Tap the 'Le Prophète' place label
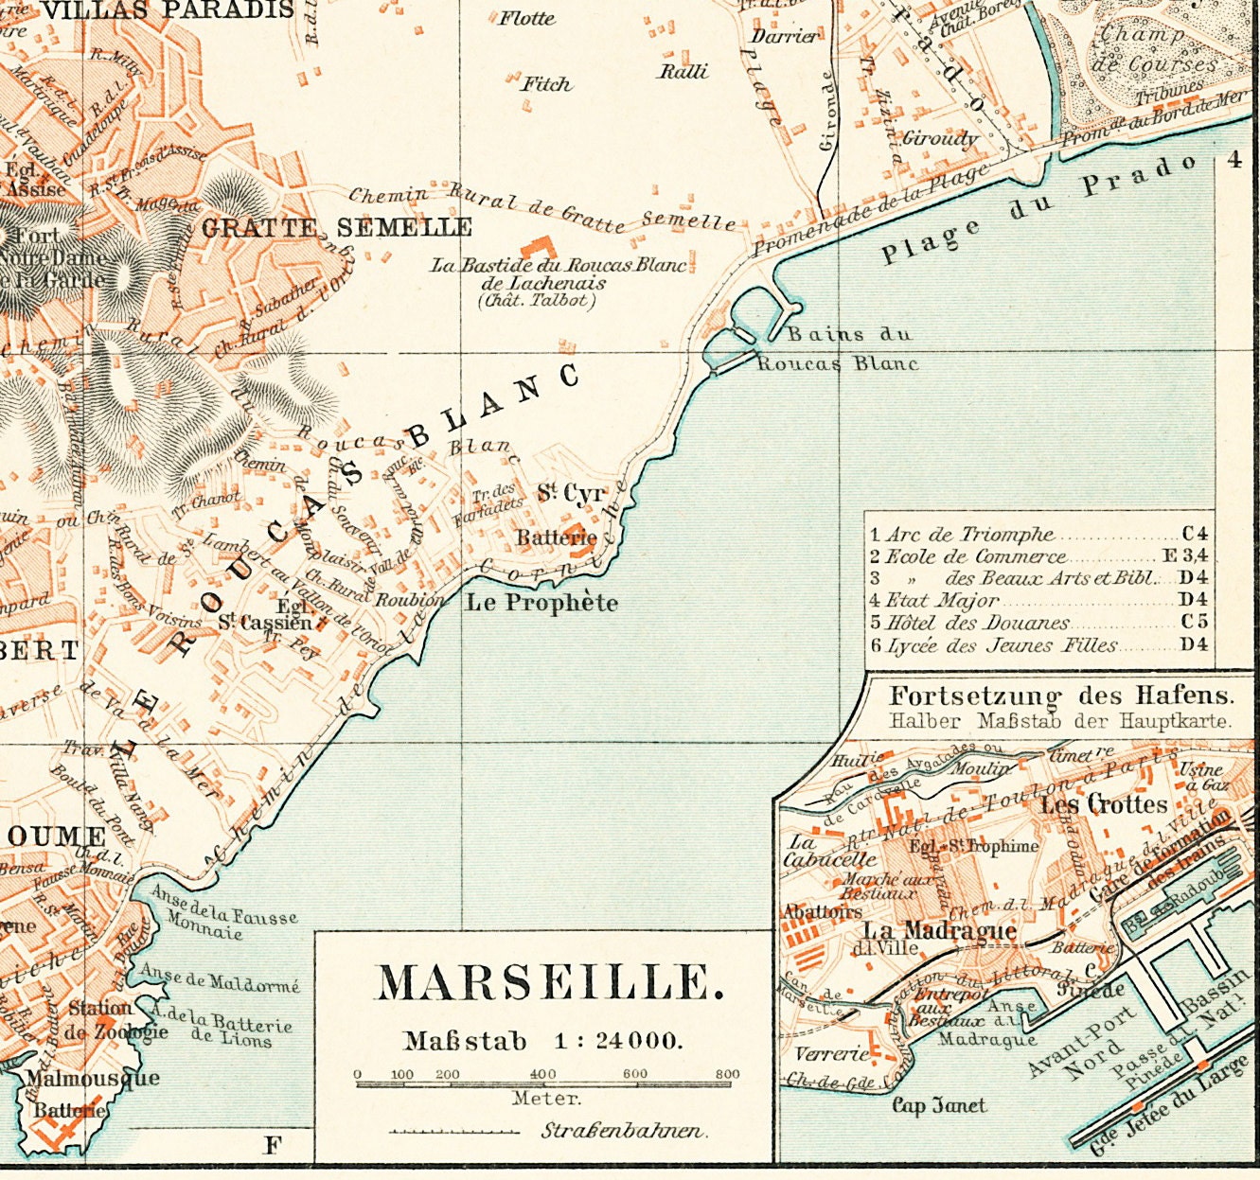click(541, 603)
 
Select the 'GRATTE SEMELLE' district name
click(337, 227)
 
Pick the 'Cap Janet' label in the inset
click(939, 1105)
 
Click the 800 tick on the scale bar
click(727, 1075)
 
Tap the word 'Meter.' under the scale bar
click(546, 1099)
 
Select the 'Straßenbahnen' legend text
click(623, 1131)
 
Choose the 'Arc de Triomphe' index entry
click(969, 535)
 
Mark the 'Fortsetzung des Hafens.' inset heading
click(1061, 696)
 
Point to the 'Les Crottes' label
click(1104, 804)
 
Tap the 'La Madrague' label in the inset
click(927, 929)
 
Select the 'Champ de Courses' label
click(1154, 49)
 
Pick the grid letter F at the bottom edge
click(273, 1145)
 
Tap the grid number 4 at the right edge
click(1233, 160)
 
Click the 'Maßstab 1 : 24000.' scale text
click(542, 1041)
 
